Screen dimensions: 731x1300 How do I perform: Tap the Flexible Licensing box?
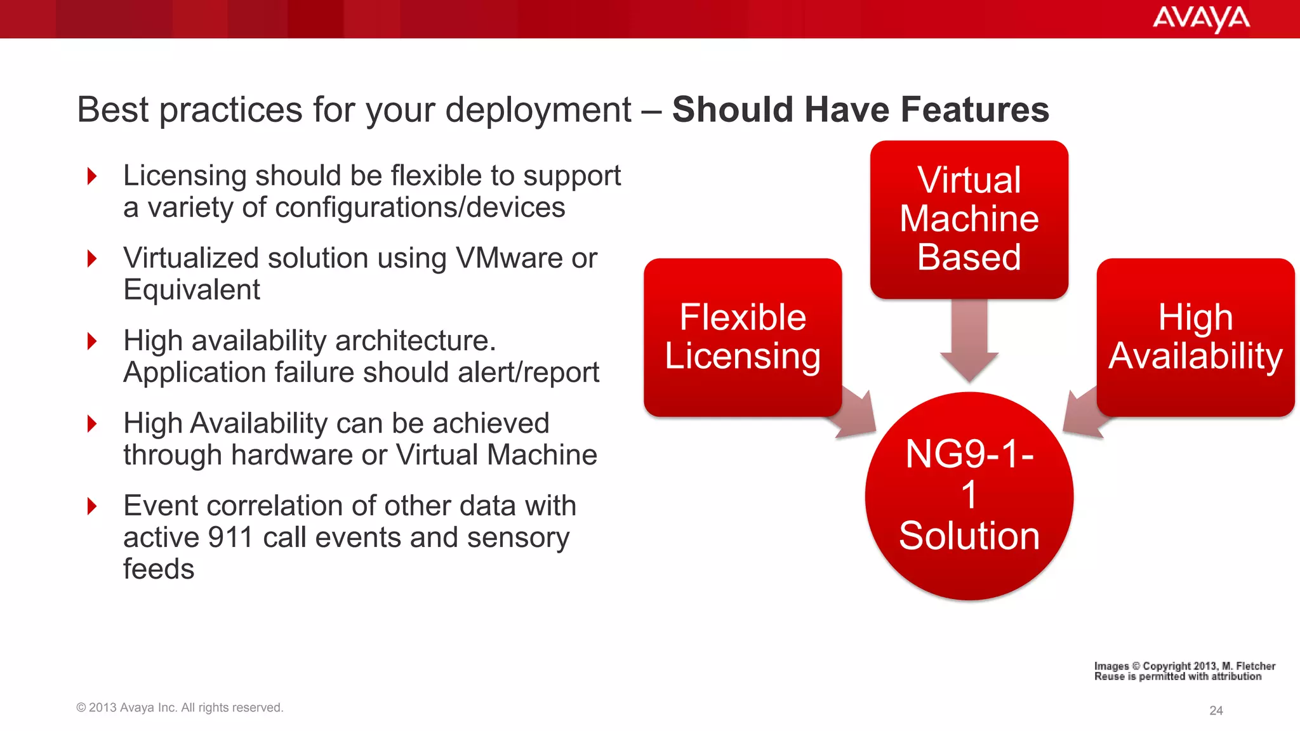click(x=742, y=337)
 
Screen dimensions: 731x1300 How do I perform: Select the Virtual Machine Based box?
click(x=969, y=219)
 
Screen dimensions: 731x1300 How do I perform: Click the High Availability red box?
click(x=1195, y=337)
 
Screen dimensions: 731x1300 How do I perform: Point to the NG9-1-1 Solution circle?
click(x=969, y=496)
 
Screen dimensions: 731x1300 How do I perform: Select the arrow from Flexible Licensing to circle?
click(x=858, y=415)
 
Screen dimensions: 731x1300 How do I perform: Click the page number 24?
click(x=1216, y=711)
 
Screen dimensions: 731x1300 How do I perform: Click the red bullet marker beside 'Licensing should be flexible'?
click(x=93, y=176)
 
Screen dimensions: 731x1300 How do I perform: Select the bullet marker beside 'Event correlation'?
click(x=93, y=506)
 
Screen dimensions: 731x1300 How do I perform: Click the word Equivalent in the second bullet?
click(x=192, y=290)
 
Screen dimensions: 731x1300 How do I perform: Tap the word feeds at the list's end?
click(x=159, y=569)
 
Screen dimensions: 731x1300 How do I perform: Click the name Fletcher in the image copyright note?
click(x=1255, y=666)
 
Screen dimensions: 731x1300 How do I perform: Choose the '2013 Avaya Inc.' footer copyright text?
click(x=179, y=708)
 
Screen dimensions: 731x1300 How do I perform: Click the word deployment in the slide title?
click(x=538, y=110)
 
